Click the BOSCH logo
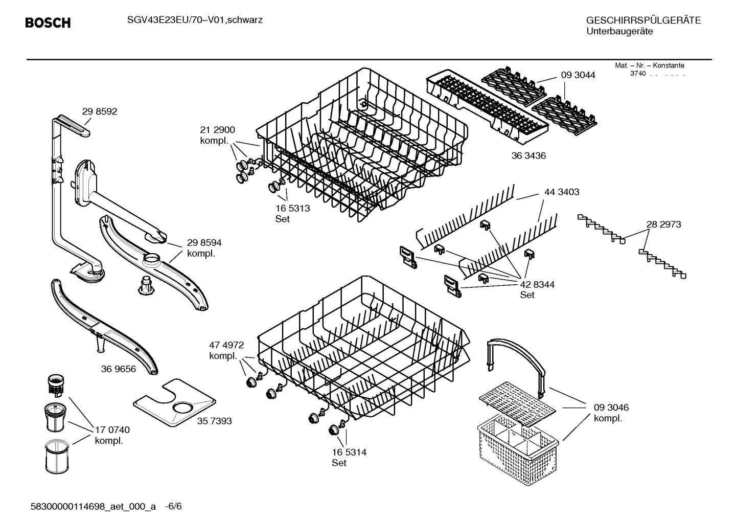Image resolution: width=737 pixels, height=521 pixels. tap(48, 23)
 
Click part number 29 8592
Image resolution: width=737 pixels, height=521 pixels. tap(100, 111)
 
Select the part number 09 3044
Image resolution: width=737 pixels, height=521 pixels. tap(578, 75)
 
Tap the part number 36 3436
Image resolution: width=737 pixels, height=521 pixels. tap(528, 156)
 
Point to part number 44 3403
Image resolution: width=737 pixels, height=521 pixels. tap(562, 192)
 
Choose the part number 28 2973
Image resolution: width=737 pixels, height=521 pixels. tap(663, 224)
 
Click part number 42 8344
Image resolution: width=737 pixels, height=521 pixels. tap(537, 284)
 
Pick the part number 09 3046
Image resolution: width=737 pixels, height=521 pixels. tap(611, 407)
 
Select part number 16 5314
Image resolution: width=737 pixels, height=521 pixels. tap(349, 452)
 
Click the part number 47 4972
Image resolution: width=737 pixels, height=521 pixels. tap(226, 345)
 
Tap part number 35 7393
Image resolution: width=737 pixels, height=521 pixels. tap(214, 421)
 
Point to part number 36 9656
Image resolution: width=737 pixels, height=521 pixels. tap(119, 369)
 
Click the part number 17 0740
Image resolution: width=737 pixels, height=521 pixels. tap(112, 430)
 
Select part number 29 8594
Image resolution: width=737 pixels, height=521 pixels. tap(204, 243)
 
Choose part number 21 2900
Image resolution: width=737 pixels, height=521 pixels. tap(217, 130)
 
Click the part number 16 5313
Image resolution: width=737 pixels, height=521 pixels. tap(292, 208)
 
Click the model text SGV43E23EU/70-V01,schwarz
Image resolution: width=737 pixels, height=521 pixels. tap(195, 20)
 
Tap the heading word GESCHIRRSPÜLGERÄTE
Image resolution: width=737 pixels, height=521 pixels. tap(643, 20)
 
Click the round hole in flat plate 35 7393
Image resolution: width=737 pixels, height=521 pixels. tap(182, 407)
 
